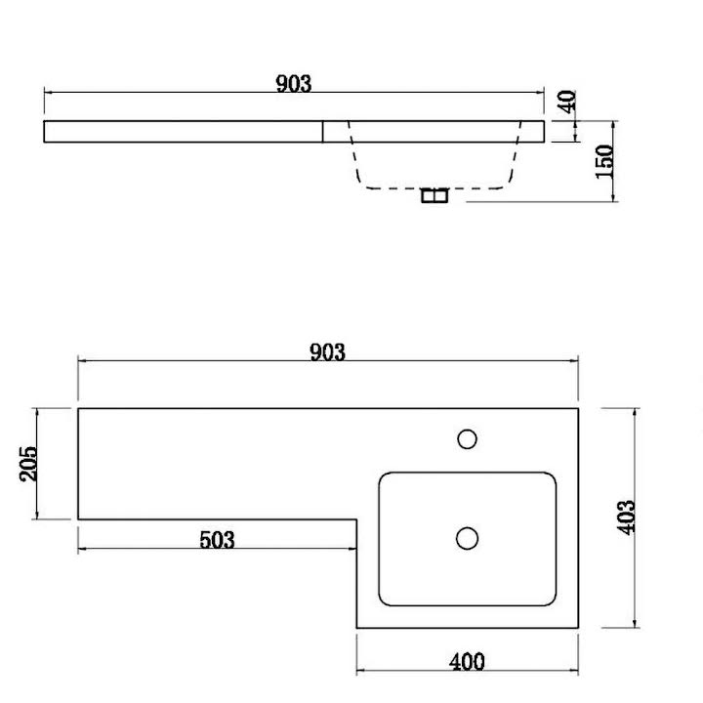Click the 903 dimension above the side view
pyautogui.click(x=294, y=83)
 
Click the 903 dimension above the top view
pyautogui.click(x=328, y=351)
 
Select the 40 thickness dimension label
pyautogui.click(x=566, y=102)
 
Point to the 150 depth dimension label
pyautogui.click(x=604, y=161)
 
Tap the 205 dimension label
pyautogui.click(x=28, y=464)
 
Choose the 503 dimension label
pyautogui.click(x=217, y=540)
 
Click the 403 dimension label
pyautogui.click(x=626, y=517)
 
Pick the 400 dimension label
pyautogui.click(x=467, y=662)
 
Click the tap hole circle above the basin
pyautogui.click(x=467, y=439)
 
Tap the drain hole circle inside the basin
pyautogui.click(x=467, y=538)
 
